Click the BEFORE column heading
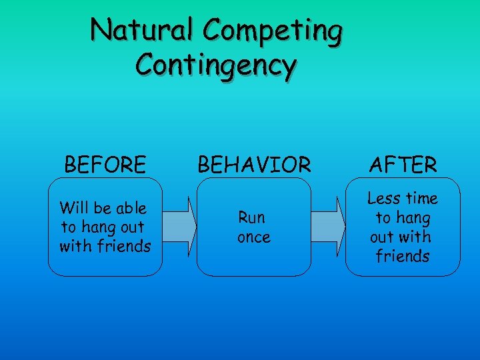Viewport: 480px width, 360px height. tap(105, 164)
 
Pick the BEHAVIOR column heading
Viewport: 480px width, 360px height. tap(254, 164)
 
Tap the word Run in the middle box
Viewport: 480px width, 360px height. tap(252, 217)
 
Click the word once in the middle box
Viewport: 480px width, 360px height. tap(254, 237)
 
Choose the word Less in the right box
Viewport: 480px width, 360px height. tap(383, 198)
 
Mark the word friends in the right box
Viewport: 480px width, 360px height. tap(403, 256)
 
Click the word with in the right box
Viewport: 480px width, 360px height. tap(416, 237)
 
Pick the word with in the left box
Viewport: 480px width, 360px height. tap(74, 246)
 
